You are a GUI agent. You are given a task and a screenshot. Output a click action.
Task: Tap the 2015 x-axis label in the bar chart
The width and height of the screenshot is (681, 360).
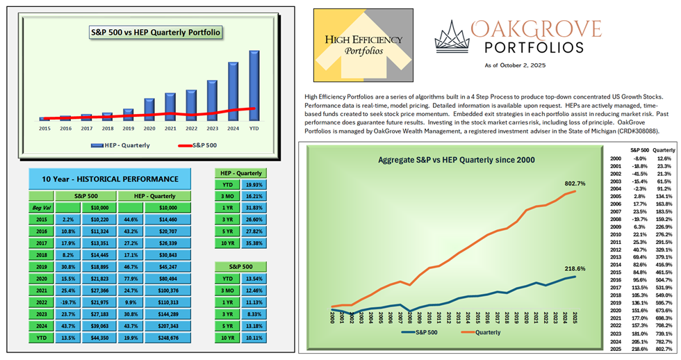44,129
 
